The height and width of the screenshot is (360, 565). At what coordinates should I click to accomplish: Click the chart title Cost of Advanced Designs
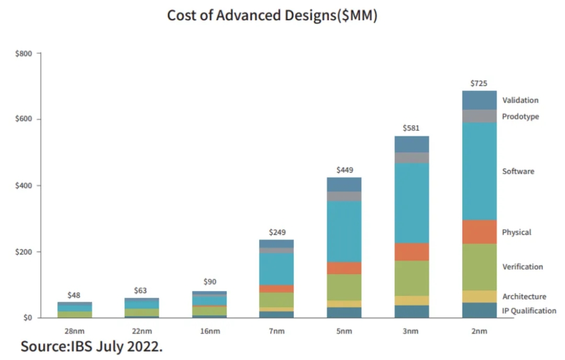272,15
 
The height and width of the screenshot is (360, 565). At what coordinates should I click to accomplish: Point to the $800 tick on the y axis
25,53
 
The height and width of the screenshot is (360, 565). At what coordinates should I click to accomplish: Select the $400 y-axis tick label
25,186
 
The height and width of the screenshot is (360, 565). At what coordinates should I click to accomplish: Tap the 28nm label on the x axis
74,331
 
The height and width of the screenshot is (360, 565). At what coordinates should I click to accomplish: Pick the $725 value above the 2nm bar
479,84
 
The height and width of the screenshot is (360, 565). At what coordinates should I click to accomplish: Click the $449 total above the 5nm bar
345,170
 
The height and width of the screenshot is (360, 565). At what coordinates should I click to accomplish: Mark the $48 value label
74,295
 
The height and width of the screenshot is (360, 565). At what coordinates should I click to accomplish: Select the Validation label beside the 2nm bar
520,100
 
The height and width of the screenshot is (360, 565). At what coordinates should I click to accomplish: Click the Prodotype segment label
520,116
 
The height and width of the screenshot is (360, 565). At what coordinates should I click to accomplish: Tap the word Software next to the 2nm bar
518,171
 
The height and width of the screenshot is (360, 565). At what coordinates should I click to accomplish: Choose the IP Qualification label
529,310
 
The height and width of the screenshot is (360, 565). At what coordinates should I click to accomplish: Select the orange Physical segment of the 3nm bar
411,252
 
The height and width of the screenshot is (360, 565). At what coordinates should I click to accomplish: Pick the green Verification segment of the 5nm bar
344,287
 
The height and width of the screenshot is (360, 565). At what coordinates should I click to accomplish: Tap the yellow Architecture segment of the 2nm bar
479,296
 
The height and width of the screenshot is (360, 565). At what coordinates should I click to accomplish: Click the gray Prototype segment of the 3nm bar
411,157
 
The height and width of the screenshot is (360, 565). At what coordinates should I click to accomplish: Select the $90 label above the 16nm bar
209,282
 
